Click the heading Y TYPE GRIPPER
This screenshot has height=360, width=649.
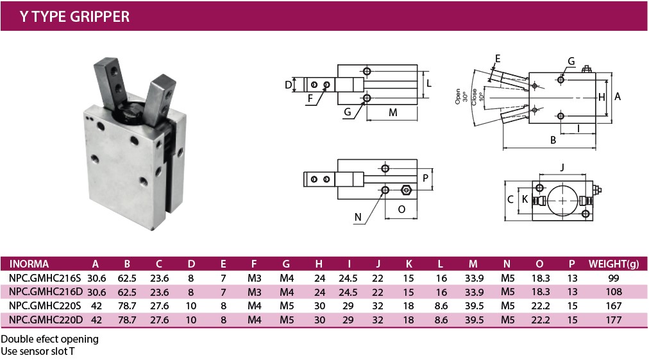click(74, 17)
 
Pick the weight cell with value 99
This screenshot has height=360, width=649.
click(614, 277)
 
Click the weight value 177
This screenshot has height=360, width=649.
click(614, 320)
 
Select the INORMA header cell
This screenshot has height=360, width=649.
click(29, 263)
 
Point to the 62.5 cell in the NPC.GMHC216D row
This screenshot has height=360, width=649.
click(127, 291)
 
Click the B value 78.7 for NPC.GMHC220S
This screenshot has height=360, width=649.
click(127, 305)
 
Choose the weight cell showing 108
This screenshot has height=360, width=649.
click(614, 291)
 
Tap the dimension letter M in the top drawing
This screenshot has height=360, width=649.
click(393, 113)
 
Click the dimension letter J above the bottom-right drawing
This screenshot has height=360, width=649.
click(562, 168)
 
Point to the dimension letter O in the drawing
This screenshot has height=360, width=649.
click(401, 209)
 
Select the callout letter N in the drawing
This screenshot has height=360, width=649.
click(358, 217)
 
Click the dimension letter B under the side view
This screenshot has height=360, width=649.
click(553, 139)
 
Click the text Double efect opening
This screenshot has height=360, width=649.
click(50, 339)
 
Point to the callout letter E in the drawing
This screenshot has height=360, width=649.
click(498, 58)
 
